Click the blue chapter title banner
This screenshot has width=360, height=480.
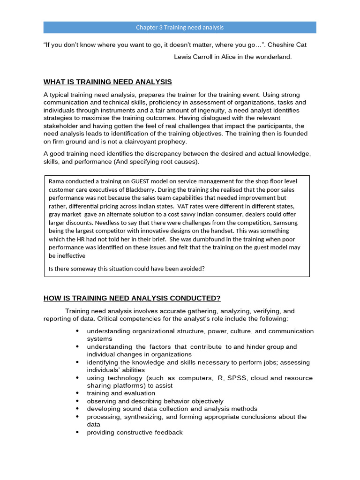[180, 27]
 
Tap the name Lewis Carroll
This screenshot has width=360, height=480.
[194, 57]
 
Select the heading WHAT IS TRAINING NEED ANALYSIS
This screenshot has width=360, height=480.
[107, 82]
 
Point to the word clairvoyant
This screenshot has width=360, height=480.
[135, 142]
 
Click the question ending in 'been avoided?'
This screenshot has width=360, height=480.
[127, 269]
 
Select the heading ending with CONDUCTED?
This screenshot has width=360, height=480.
[132, 299]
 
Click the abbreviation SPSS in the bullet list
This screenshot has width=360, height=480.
[240, 378]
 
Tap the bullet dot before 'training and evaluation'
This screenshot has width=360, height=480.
[77, 393]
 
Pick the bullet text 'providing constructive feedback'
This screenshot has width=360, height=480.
[135, 432]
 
